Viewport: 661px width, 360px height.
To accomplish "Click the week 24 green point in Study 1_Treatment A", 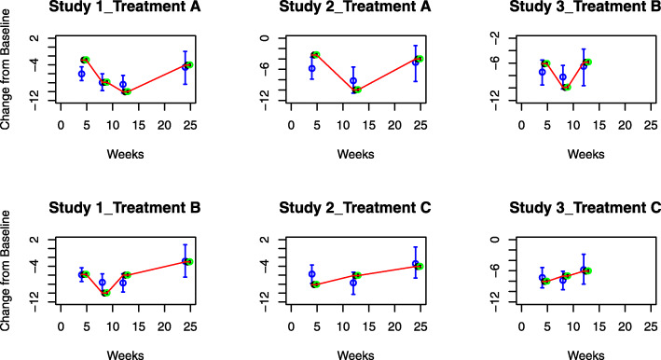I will pos(189,64).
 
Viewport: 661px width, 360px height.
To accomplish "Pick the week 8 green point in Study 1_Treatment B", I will pos(106,292).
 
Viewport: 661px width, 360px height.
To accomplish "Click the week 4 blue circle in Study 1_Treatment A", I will pos(82,74).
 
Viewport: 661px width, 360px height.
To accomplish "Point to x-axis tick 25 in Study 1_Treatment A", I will pos(190,122).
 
